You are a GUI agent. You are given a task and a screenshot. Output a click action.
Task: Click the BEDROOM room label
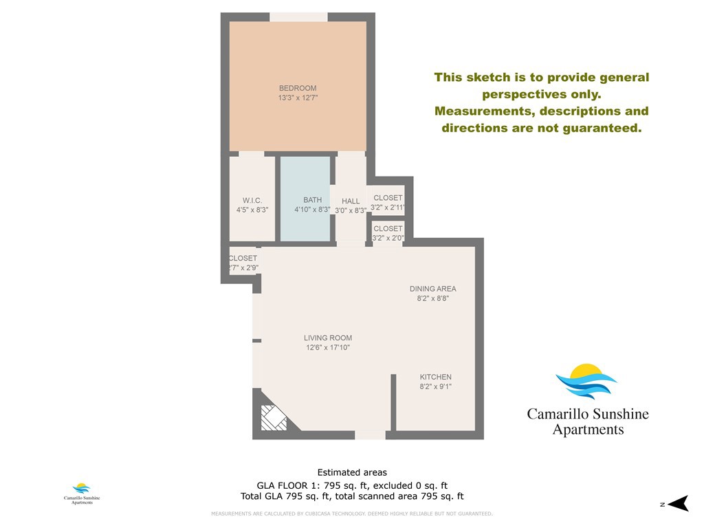(x=298, y=88)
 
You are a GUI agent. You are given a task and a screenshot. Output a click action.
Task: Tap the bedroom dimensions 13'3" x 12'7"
(x=298, y=98)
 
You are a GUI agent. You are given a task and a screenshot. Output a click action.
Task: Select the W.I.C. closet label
(x=252, y=201)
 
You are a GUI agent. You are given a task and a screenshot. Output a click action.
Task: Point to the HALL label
(x=351, y=201)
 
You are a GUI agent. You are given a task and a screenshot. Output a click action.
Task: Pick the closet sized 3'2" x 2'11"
(x=388, y=202)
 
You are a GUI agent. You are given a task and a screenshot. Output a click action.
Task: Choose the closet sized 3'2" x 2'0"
(x=388, y=233)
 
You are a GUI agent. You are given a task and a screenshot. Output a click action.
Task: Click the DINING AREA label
(x=433, y=289)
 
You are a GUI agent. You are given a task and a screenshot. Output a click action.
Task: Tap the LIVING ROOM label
(x=328, y=338)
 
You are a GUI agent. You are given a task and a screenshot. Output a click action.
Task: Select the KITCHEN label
(x=436, y=377)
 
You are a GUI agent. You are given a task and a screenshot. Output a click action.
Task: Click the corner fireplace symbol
(x=274, y=417)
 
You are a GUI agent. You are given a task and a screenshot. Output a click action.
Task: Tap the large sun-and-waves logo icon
(x=586, y=382)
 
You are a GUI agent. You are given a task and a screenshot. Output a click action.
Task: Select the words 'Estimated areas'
(x=352, y=472)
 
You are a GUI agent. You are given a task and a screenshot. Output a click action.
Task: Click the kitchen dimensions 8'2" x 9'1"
(x=436, y=386)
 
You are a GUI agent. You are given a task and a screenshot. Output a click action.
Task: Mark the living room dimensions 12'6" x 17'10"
(x=328, y=348)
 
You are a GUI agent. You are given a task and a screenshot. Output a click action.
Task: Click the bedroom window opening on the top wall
(x=298, y=16)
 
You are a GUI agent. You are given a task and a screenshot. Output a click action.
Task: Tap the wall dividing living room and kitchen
(x=394, y=402)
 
